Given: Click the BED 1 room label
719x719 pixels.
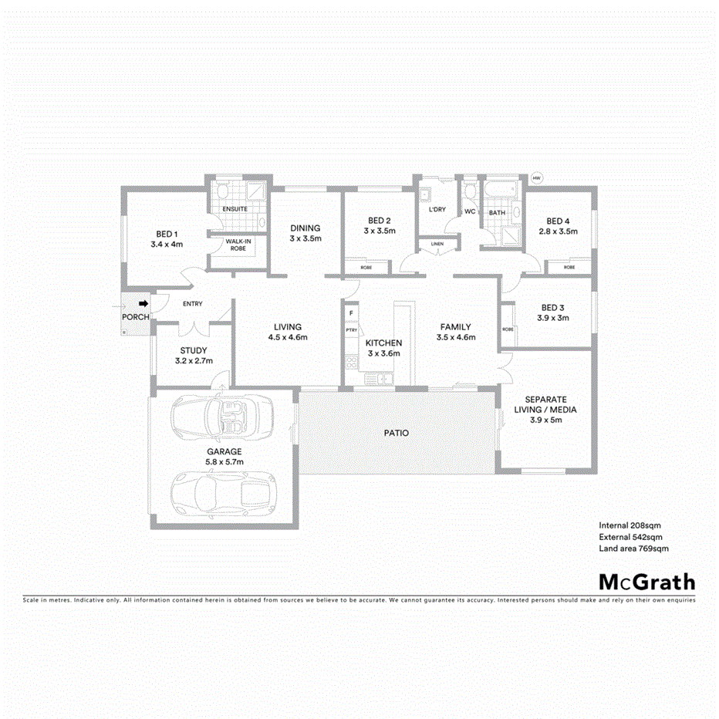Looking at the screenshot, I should (167, 234).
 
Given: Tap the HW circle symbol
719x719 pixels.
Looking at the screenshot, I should (537, 178).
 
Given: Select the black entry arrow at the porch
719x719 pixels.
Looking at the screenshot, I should (143, 304).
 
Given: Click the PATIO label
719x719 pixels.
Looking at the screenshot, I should (397, 434).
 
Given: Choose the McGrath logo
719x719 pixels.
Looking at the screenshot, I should (646, 582).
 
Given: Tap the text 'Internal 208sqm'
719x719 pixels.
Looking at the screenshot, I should (630, 524).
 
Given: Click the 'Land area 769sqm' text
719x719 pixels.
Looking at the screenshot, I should (633, 549).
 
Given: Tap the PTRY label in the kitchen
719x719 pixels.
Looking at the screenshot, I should (352, 330).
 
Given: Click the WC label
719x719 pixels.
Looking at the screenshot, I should (470, 211).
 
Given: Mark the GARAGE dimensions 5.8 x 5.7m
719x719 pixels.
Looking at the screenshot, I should (224, 462).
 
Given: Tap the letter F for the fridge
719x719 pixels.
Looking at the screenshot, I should (351, 313).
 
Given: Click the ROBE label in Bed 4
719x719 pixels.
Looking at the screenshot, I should (569, 267).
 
